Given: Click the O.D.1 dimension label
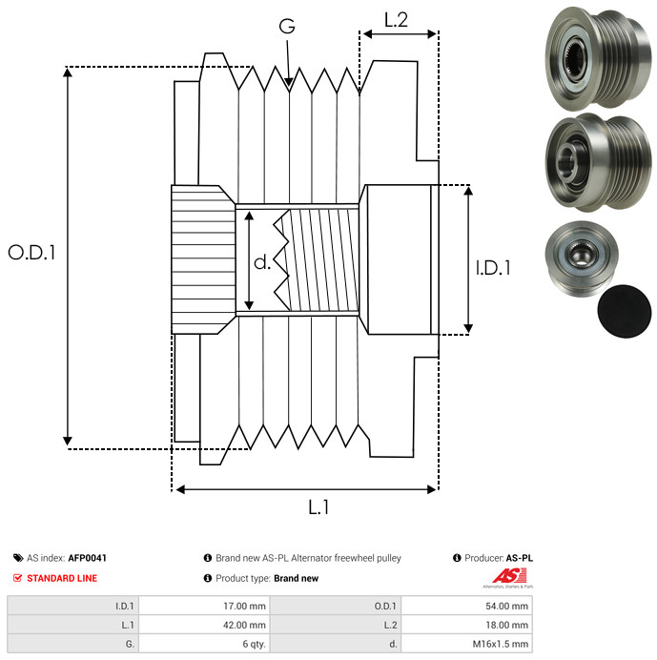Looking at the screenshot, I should (32, 253).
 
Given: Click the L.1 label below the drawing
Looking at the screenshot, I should (318, 508).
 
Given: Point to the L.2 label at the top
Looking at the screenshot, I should (396, 19).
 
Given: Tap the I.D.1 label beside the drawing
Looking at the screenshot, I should (493, 268).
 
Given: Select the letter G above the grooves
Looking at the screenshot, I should (286, 27).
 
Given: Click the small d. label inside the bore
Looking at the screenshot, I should (262, 261).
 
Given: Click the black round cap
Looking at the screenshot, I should (625, 312).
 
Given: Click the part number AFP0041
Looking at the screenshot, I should (88, 558).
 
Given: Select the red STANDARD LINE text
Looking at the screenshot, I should (61, 578).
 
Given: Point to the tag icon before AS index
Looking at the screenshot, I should (18, 558).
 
